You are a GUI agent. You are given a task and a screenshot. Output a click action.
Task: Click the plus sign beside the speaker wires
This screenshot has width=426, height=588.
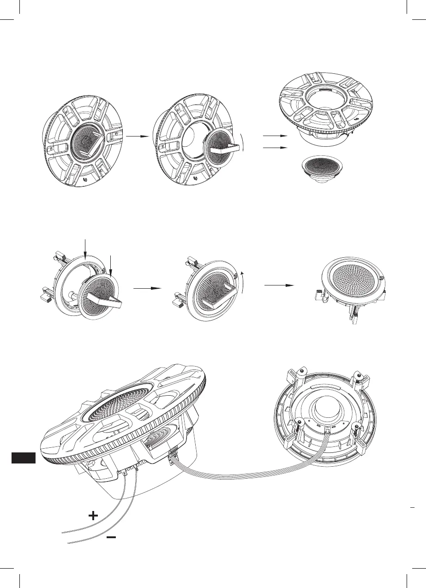coord(93,516)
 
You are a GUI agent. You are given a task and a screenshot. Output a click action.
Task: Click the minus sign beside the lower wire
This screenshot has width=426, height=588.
coord(111,537)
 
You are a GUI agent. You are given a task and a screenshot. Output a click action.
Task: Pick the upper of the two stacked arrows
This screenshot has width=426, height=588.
coord(274,137)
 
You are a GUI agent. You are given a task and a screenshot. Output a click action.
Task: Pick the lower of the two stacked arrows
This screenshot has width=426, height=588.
coord(274,148)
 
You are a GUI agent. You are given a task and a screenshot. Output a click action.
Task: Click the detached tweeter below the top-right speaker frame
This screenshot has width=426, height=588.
coord(323,168)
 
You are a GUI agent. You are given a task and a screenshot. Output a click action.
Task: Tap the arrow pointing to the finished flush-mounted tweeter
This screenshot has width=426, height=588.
coord(279,285)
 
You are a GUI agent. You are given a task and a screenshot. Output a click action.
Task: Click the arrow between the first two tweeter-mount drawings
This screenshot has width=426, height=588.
coord(147,288)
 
